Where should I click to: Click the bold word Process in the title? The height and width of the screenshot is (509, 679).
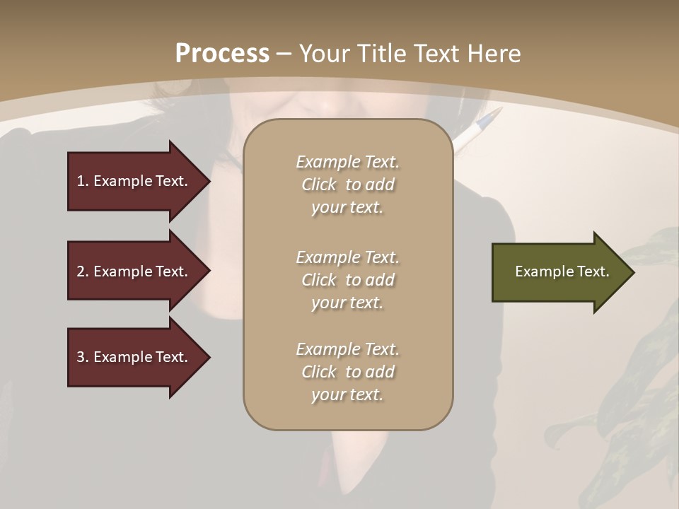[222, 54]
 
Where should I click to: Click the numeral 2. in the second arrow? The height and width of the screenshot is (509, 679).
[83, 271]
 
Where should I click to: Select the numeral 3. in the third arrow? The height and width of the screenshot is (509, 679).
[83, 357]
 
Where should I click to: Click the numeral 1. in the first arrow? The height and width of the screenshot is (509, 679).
[83, 181]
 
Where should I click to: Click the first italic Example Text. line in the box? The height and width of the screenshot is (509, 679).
[347, 162]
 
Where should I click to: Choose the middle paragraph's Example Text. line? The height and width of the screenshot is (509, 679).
[347, 257]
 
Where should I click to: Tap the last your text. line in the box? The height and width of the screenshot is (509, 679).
[347, 395]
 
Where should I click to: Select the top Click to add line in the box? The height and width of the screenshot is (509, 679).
[347, 185]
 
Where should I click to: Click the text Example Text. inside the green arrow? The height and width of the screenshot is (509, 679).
[562, 271]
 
